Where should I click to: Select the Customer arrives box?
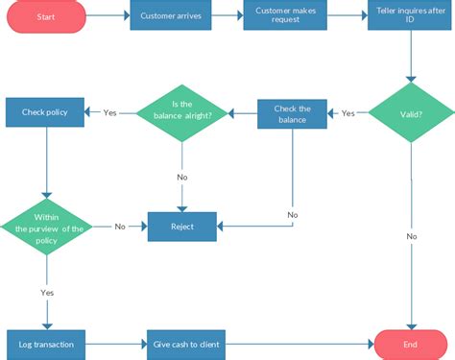click(x=171, y=16)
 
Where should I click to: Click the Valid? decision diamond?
click(x=412, y=114)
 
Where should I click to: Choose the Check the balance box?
click(x=293, y=114)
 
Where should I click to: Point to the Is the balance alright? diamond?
click(x=181, y=113)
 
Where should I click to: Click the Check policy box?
click(x=44, y=113)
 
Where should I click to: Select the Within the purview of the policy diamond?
click(x=45, y=227)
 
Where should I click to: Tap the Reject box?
click(x=182, y=227)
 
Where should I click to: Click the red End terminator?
click(x=412, y=343)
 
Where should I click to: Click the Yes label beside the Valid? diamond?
click(x=347, y=113)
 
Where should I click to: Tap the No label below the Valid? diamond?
click(x=412, y=236)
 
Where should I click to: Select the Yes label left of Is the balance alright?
click(x=109, y=113)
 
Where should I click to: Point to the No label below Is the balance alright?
click(x=182, y=177)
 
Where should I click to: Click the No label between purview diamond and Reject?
click(x=120, y=227)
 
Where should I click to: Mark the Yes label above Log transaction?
click(x=46, y=292)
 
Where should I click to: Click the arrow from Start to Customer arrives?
click(x=108, y=16)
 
